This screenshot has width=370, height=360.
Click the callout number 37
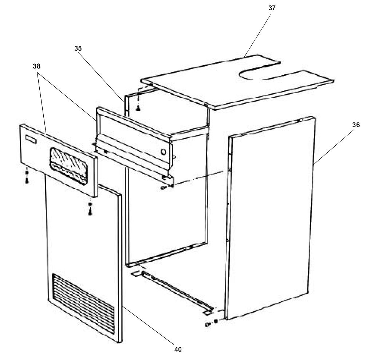pyautogui.click(x=272, y=8)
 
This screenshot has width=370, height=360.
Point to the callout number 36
pyautogui.click(x=356, y=125)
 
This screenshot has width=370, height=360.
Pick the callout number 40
pyautogui.click(x=178, y=349)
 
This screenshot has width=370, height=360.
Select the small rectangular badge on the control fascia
pyautogui.click(x=31, y=139)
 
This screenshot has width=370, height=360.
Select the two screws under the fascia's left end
pyautogui.click(x=27, y=176)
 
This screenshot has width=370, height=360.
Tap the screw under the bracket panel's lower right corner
pyautogui.click(x=163, y=187)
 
